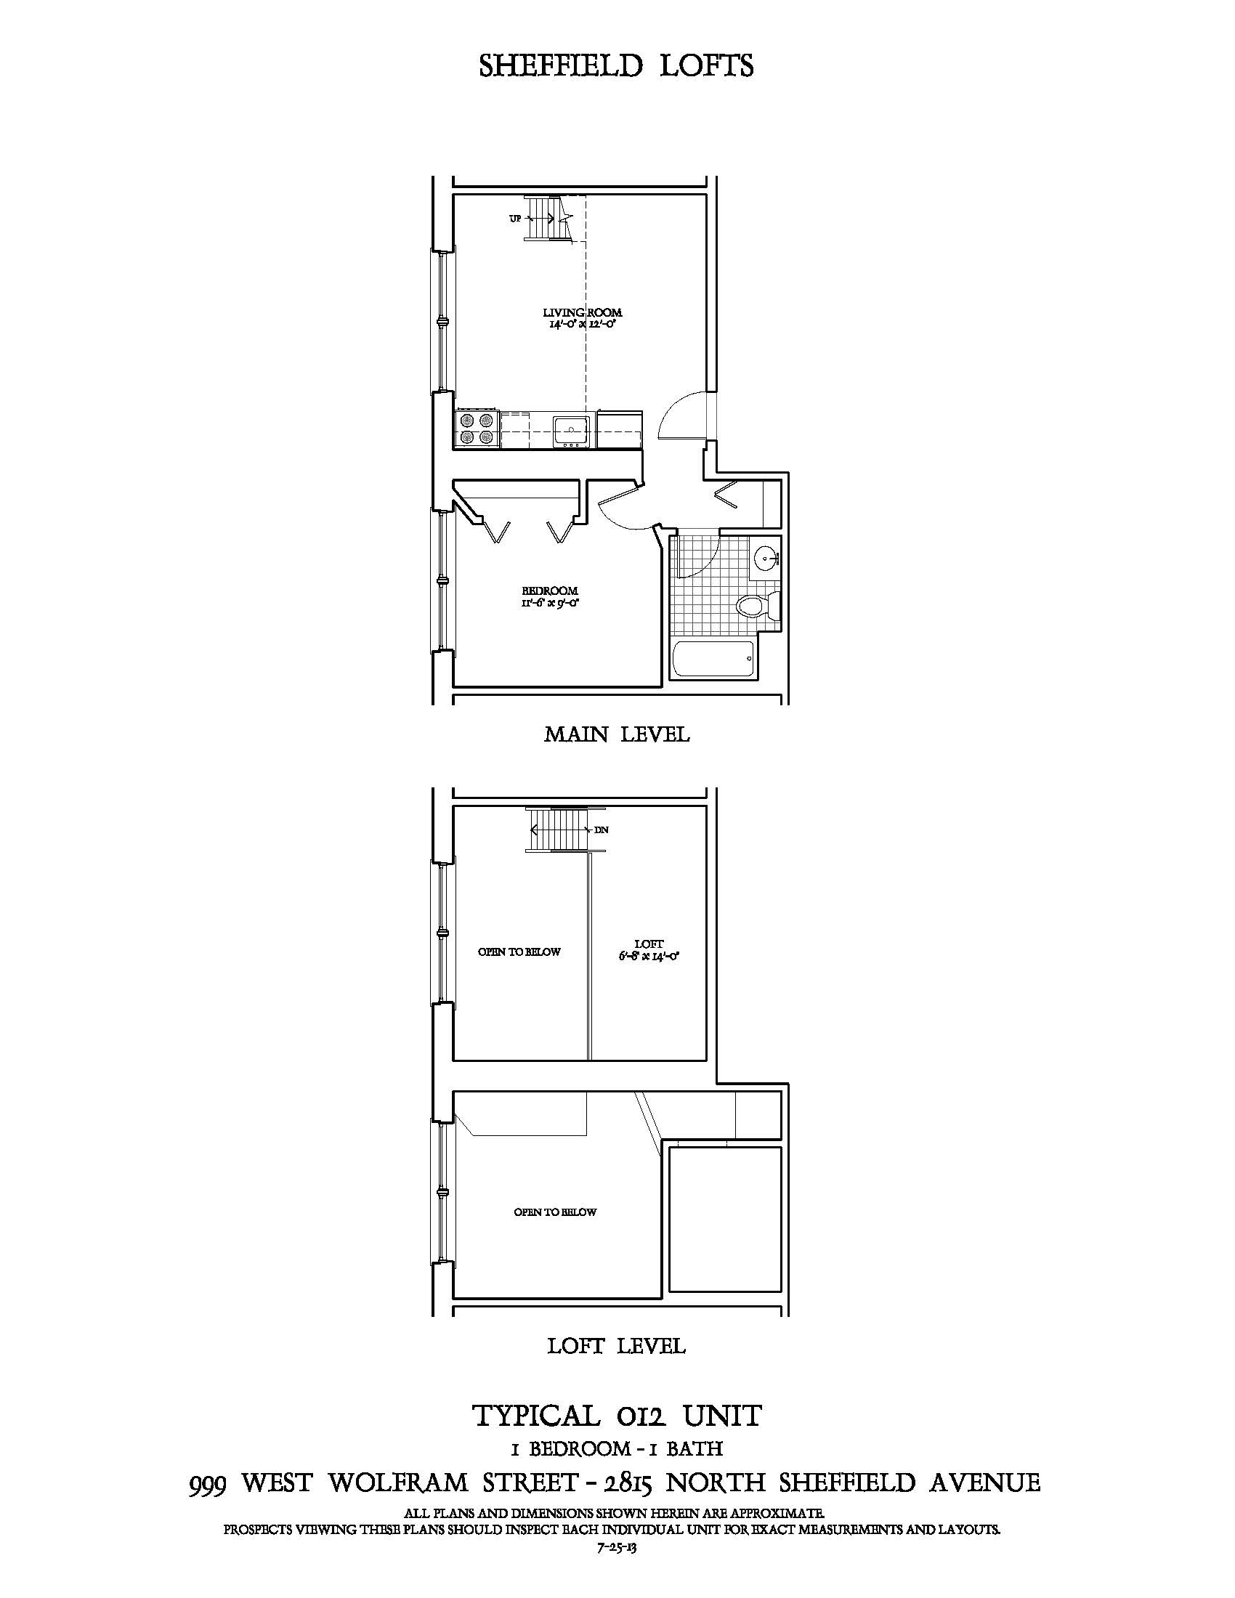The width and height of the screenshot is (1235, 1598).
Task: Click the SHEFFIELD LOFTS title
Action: (x=616, y=67)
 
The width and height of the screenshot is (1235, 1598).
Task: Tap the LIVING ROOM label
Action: (x=583, y=312)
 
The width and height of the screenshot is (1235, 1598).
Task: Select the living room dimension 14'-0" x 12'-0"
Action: (x=583, y=323)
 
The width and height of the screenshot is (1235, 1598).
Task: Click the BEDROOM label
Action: (x=549, y=591)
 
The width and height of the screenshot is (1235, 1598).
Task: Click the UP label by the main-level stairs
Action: (x=515, y=219)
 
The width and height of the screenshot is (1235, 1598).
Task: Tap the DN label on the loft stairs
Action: (x=602, y=830)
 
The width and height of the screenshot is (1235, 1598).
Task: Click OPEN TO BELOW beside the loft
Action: (x=519, y=952)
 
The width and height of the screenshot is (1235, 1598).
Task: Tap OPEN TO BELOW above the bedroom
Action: (x=555, y=1212)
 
